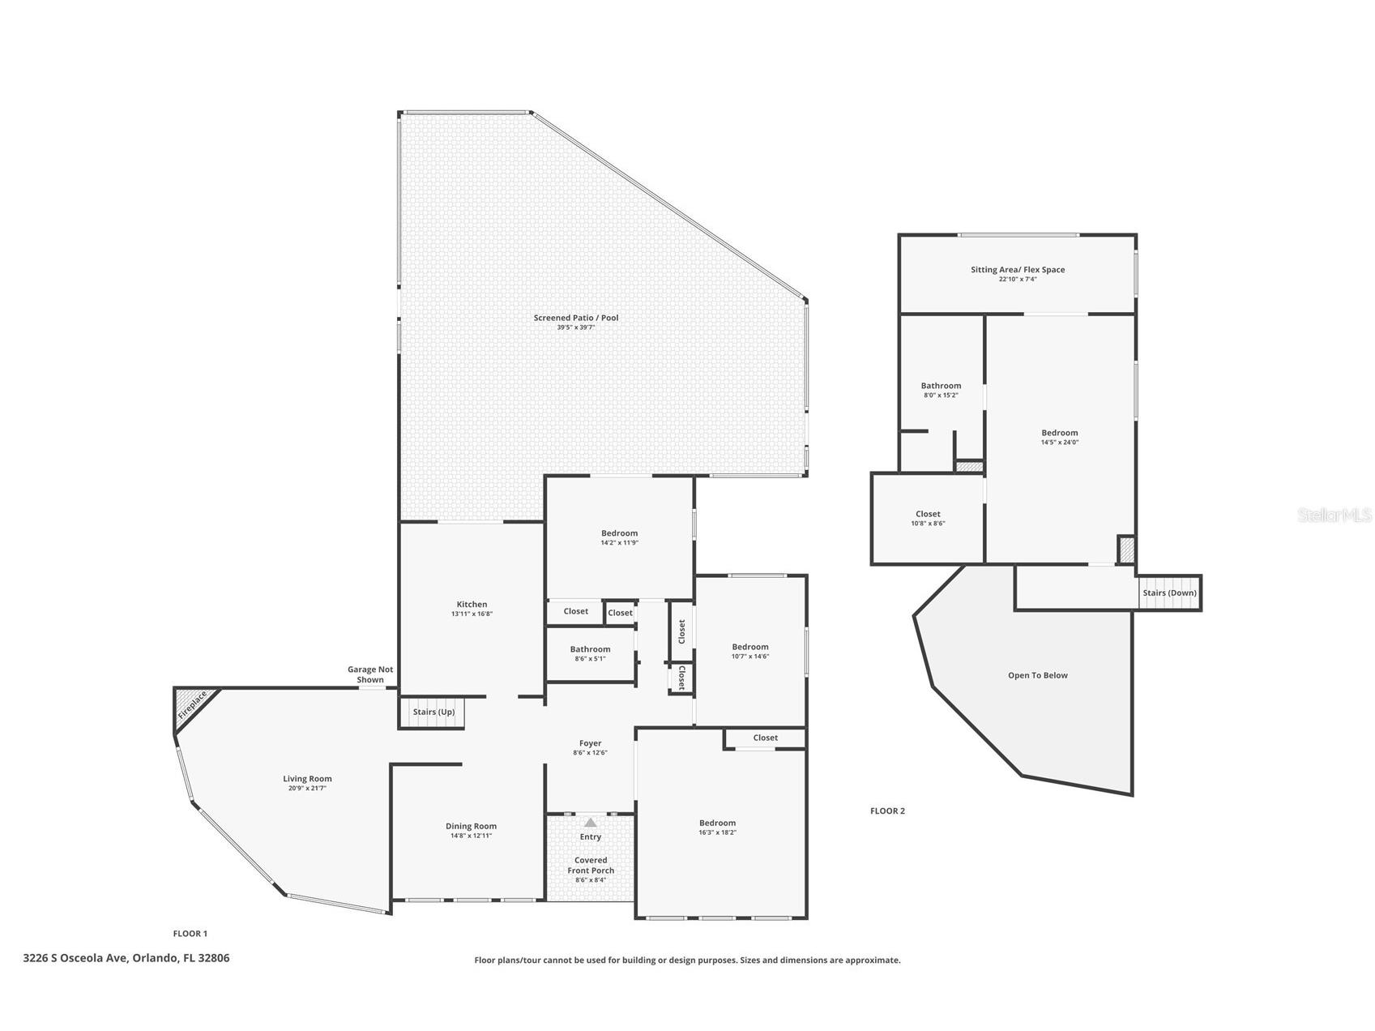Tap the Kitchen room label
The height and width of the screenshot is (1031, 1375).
pyautogui.click(x=472, y=604)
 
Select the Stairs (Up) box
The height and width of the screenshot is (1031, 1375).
pyautogui.click(x=433, y=712)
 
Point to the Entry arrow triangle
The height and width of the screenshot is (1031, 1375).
pyautogui.click(x=591, y=822)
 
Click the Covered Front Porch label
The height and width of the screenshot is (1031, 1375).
pyautogui.click(x=591, y=866)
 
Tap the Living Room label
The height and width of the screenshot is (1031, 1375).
pyautogui.click(x=308, y=779)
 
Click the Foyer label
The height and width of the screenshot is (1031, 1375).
pyautogui.click(x=591, y=743)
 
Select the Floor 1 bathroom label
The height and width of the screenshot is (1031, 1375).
pyautogui.click(x=590, y=649)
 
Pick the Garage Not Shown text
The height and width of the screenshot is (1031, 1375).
pyautogui.click(x=370, y=674)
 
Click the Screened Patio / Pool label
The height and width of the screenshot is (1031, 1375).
pyautogui.click(x=576, y=318)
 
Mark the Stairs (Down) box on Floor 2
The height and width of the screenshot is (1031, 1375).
pyautogui.click(x=1169, y=593)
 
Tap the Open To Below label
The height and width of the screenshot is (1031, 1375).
pyautogui.click(x=1038, y=675)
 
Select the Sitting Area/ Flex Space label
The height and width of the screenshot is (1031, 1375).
pyautogui.click(x=1018, y=270)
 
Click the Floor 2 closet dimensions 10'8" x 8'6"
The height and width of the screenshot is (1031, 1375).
pyautogui.click(x=928, y=524)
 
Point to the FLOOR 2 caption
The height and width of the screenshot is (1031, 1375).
pyautogui.click(x=887, y=811)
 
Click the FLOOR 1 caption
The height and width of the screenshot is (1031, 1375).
pyautogui.click(x=190, y=934)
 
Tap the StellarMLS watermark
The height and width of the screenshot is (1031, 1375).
pyautogui.click(x=1335, y=515)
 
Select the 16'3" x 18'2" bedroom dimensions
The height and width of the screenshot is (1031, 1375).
pyautogui.click(x=718, y=832)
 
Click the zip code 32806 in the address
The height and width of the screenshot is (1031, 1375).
pyautogui.click(x=214, y=958)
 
